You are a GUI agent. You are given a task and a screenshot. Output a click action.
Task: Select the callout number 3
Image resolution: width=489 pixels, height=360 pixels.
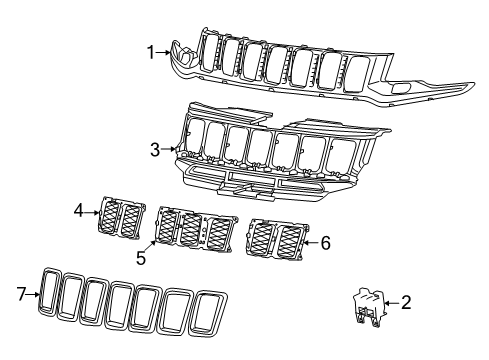[155, 151]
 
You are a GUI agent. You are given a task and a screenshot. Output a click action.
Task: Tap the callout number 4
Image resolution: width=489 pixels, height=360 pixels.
[78, 212]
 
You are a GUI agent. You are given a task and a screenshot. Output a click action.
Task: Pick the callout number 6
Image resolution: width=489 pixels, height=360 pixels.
[325, 242]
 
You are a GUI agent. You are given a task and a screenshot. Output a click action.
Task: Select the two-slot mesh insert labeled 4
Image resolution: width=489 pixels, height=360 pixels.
[120, 219]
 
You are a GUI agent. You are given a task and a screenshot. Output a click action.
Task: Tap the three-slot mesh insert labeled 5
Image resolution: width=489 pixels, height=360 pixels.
[197, 230]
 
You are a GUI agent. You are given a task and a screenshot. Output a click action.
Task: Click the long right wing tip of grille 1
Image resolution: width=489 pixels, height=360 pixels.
[440, 91]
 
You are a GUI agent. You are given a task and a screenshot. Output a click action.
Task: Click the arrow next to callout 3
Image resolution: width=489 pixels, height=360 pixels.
[169, 151]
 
